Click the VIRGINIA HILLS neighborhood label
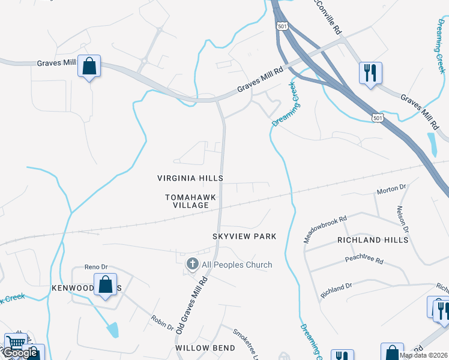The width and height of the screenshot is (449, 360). click(x=190, y=179)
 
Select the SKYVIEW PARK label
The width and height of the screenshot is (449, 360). click(x=244, y=236)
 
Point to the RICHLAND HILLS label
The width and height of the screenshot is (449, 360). click(x=373, y=240)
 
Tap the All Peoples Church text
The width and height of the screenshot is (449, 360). click(x=237, y=265)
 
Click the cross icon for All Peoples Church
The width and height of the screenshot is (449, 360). click(x=193, y=263)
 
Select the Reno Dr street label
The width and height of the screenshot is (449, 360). click(x=95, y=266)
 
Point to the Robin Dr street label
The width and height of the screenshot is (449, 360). click(x=162, y=323)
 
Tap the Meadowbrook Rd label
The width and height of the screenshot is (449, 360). click(x=325, y=229)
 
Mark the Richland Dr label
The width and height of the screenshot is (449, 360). click(x=337, y=289)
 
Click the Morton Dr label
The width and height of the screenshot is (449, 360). click(x=391, y=191)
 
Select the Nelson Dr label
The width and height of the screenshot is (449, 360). click(x=402, y=218)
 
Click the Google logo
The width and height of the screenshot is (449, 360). click(x=19, y=353)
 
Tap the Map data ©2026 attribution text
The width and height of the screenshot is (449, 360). click(x=423, y=355)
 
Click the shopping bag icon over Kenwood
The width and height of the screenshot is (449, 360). click(x=106, y=284)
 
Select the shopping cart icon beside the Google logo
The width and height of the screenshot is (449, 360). click(x=16, y=344)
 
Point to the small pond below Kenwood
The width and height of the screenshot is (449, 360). click(x=112, y=329)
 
